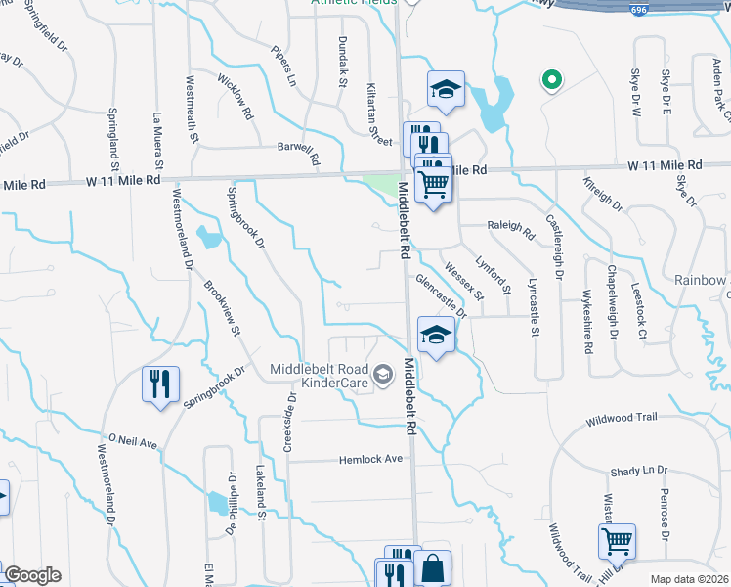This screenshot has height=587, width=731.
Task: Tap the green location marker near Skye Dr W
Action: pyautogui.click(x=551, y=81)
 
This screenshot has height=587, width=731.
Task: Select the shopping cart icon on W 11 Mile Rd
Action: pyautogui.click(x=433, y=183)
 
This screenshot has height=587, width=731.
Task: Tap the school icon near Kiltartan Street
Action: pyautogui.click(x=446, y=90)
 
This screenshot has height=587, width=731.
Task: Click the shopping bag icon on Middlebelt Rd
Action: pyautogui.click(x=432, y=567)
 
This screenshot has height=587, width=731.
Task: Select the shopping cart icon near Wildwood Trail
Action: pyautogui.click(x=618, y=541)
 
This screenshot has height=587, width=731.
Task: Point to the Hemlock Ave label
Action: pyautogui.click(x=371, y=459)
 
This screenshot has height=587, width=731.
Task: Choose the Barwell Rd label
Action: pyautogui.click(x=299, y=151)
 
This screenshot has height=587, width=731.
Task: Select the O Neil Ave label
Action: pyautogui.click(x=133, y=442)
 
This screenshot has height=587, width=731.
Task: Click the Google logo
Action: pyautogui.click(x=32, y=575)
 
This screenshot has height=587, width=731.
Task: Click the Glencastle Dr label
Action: pyautogui.click(x=441, y=294)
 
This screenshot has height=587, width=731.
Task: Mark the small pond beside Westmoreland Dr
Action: pyautogui.click(x=208, y=237)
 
